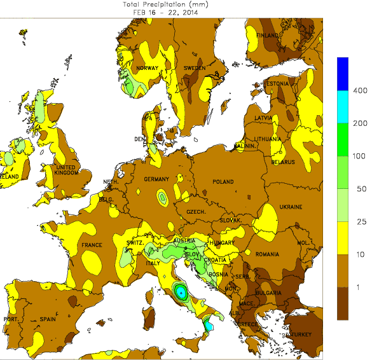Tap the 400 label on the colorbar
[360, 91]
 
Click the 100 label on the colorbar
[360, 156]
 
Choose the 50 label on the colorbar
[360, 190]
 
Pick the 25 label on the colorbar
[360, 222]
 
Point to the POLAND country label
[223, 182]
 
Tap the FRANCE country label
[92, 245]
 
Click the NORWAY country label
[147, 68]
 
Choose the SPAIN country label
[47, 319]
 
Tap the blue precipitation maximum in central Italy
[181, 293]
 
